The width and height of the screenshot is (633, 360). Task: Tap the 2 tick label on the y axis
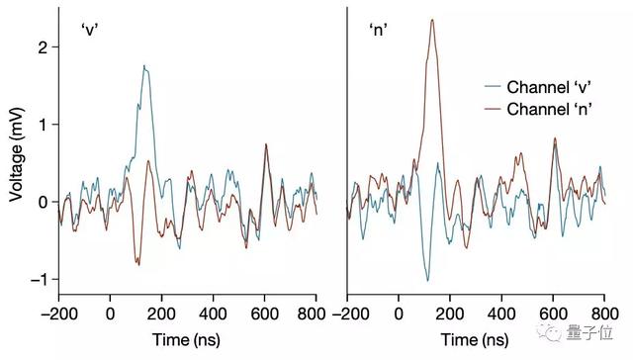click(x=41, y=46)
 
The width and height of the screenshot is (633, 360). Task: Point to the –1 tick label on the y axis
click(x=38, y=280)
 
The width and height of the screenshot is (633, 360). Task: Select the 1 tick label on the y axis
click(x=41, y=125)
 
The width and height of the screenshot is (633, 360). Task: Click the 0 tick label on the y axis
click(x=41, y=202)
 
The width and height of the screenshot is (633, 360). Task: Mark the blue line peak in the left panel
click(x=143, y=66)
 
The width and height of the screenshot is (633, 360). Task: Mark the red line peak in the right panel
click(x=432, y=20)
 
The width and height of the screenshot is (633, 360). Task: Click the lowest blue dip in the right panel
click(x=427, y=280)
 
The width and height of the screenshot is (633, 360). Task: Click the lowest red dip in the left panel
click(x=138, y=265)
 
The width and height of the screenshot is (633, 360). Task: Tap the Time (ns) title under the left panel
click(x=187, y=340)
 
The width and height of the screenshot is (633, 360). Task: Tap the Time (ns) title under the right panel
click(x=476, y=340)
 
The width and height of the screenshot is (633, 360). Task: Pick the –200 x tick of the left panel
click(x=58, y=314)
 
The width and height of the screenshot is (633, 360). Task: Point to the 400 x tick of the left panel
click(x=213, y=314)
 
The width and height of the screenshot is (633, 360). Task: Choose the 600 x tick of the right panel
click(x=553, y=314)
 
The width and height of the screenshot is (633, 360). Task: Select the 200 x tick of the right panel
click(x=450, y=314)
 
